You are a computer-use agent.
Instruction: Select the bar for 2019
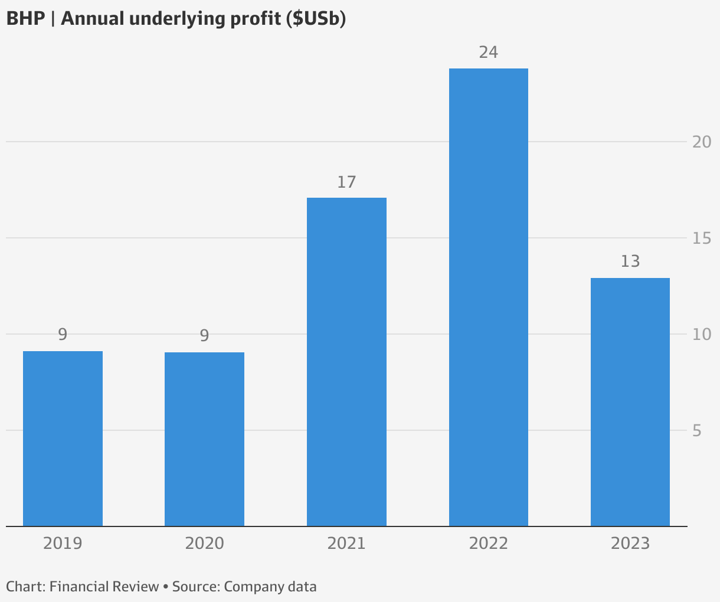tap(63, 438)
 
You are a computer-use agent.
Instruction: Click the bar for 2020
tap(204, 439)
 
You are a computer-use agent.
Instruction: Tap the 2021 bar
tap(346, 361)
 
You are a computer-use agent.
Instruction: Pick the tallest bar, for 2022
tap(488, 297)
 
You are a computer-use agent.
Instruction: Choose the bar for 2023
tap(630, 401)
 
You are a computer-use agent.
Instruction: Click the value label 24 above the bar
tap(488, 53)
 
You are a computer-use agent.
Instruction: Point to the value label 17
tap(346, 182)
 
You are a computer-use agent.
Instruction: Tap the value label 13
tap(630, 261)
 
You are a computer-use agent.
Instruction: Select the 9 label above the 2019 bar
tap(63, 335)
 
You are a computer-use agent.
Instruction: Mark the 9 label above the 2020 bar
tap(204, 336)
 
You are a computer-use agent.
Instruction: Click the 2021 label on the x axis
tap(346, 543)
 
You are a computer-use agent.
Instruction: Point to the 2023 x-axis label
tap(630, 543)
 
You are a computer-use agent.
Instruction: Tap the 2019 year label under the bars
tap(63, 543)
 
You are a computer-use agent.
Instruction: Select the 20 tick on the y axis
tap(702, 142)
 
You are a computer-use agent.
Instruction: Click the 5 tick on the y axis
tap(697, 431)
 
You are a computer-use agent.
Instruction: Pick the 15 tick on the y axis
tap(702, 238)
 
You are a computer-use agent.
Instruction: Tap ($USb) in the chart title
tap(316, 19)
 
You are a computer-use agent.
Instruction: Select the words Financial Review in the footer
tap(104, 587)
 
